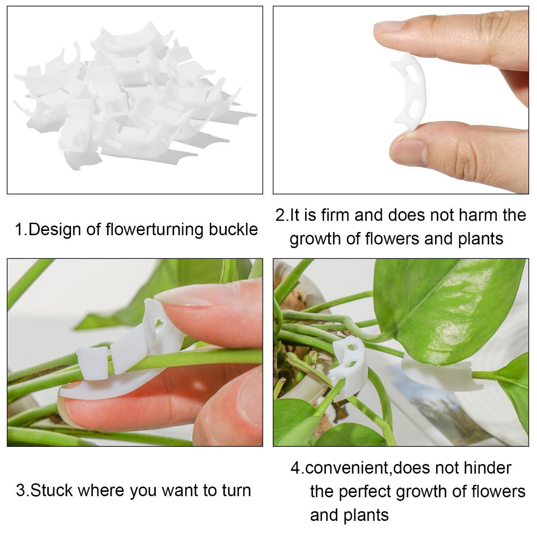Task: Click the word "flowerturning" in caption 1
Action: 155,229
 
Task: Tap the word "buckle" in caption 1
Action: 234,229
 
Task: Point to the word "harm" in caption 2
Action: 478,215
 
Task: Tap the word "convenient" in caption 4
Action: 347,468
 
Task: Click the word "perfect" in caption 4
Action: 365,492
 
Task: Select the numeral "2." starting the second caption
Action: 282,215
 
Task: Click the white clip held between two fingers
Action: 409,91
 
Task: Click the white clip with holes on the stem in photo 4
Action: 346,368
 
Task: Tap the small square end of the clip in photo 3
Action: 92,364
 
